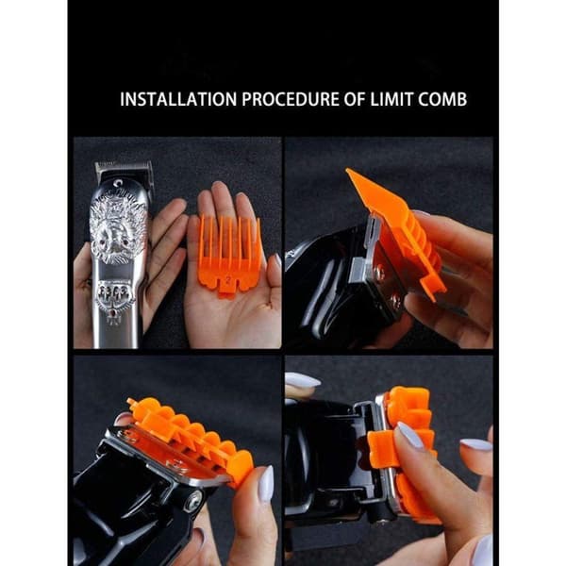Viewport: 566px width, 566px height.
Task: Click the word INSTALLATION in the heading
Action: tap(178, 99)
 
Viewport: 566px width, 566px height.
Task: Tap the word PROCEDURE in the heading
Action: tap(291, 99)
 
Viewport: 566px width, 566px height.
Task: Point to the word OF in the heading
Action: tap(355, 99)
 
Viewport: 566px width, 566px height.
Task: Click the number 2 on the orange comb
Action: tap(227, 280)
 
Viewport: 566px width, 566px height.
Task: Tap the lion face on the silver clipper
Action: tap(117, 231)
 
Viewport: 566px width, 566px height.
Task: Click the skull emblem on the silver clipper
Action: tap(115, 292)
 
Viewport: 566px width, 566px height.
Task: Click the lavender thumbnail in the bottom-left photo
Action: tap(267, 484)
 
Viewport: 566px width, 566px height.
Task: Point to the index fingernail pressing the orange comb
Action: tap(409, 435)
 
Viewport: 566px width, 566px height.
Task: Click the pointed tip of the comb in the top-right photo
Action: tap(348, 171)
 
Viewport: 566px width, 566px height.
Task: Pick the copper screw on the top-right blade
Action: tap(379, 269)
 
